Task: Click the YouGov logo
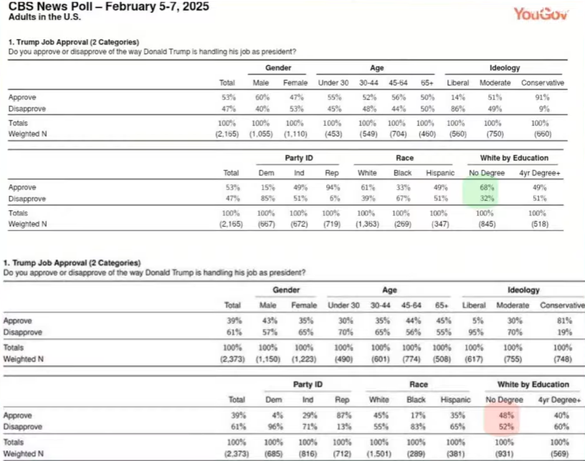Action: (541, 13)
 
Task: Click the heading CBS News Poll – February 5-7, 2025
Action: (109, 7)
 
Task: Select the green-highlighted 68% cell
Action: (487, 188)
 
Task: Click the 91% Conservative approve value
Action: (542, 97)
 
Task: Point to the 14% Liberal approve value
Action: (458, 97)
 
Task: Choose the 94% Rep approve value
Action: (332, 188)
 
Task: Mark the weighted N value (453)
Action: (333, 134)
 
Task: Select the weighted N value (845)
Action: (487, 224)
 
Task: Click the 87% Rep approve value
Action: (342, 416)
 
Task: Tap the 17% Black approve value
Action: (417, 416)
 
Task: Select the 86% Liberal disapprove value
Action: (458, 108)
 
